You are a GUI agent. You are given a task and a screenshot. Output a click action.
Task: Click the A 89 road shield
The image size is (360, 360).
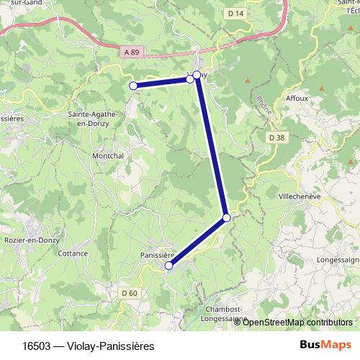[x=130, y=53]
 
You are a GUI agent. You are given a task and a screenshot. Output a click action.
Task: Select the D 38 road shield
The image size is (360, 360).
[x=276, y=137]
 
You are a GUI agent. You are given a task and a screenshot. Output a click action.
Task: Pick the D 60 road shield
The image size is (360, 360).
[x=129, y=292]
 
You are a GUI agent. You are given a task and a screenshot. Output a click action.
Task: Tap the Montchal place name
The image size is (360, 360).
[x=107, y=156]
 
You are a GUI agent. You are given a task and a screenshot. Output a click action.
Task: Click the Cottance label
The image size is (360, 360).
[x=73, y=253]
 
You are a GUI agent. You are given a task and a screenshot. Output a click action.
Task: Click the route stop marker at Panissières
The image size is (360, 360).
[x=169, y=266]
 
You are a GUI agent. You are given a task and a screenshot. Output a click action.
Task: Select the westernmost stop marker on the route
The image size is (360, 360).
[x=132, y=86]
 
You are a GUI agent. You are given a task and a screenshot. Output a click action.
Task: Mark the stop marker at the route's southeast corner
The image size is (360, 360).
[x=226, y=217]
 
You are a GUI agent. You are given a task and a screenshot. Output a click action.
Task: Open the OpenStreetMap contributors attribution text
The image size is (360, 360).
[x=297, y=322]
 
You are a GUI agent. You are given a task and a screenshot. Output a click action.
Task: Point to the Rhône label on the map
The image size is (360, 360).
[x=264, y=106]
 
